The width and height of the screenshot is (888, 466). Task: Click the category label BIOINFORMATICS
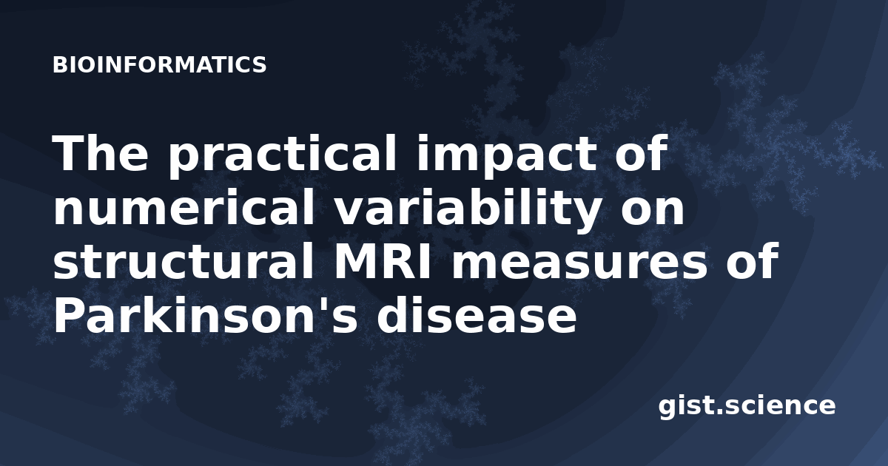(x=159, y=65)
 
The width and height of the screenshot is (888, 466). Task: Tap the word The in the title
(x=101, y=153)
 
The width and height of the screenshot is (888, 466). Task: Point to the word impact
(x=507, y=155)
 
